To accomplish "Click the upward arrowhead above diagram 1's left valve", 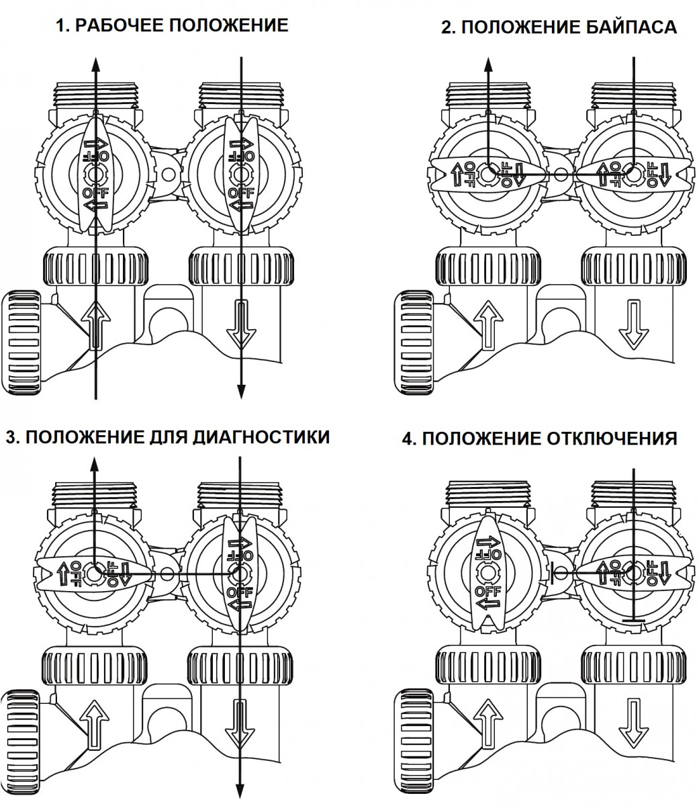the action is tap(95, 64).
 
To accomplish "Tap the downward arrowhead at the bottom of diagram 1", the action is tap(241, 392).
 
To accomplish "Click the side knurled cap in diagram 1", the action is tap(21, 343).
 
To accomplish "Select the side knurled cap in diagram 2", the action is tap(414, 343).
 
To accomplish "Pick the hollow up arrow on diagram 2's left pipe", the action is tap(488, 324).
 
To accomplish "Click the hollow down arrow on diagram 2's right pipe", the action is tap(634, 324).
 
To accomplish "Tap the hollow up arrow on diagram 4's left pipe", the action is tap(488, 723).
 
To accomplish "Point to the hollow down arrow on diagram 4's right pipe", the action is tap(634, 723).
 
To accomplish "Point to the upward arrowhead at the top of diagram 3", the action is tap(95, 464).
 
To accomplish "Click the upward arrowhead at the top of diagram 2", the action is tap(488, 64).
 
